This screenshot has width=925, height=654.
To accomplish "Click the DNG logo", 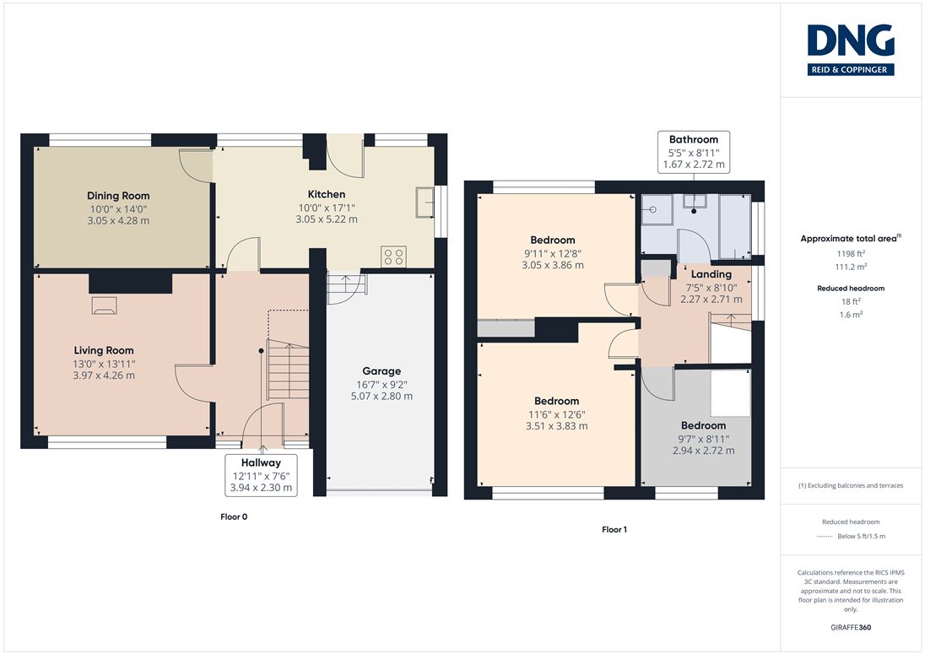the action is [x=851, y=50].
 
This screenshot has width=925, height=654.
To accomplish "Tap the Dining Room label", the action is [x=118, y=196].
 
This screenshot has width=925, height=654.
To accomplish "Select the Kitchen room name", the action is [x=327, y=194].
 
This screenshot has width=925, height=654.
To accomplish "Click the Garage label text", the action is [x=381, y=371].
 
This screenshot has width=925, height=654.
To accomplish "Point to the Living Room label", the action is [x=104, y=350].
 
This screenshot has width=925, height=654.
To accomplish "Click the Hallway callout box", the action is [x=261, y=475].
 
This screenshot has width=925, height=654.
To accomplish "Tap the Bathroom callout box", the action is [x=694, y=152].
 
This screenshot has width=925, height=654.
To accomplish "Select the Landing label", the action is [x=711, y=274].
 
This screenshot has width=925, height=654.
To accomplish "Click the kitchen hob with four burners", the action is [x=393, y=257].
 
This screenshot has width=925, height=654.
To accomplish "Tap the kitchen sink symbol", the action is [x=425, y=203].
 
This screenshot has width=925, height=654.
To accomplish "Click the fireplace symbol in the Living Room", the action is [x=105, y=305].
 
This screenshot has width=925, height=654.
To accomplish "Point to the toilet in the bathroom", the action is [x=694, y=203].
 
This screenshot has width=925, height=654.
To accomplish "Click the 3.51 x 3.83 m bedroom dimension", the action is [x=556, y=426].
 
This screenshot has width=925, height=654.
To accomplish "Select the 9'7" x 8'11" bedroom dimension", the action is [x=703, y=440].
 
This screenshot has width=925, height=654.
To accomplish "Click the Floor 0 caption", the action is [x=234, y=516].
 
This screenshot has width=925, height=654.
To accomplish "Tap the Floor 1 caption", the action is [x=614, y=530].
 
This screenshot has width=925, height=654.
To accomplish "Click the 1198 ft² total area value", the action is [x=851, y=253].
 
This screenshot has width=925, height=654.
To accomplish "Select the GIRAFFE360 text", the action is [x=851, y=628].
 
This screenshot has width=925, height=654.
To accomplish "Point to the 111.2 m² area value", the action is [x=851, y=267].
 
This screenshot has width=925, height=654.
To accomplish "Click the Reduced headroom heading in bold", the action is [x=851, y=289].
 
